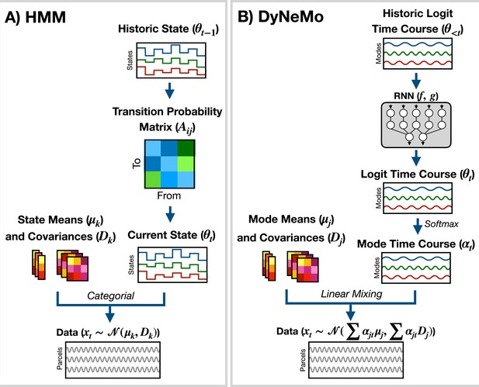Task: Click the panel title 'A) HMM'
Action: [x=36, y=17]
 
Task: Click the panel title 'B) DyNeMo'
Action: [x=280, y=17]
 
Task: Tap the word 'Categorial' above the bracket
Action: [x=110, y=295]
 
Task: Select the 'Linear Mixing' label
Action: [x=352, y=294]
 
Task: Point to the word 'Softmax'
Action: [x=442, y=223]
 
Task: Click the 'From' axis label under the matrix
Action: [x=169, y=195]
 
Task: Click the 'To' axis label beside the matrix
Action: [x=137, y=164]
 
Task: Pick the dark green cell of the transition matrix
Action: [x=186, y=148]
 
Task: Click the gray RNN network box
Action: [x=416, y=125]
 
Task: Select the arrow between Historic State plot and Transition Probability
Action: [x=169, y=90]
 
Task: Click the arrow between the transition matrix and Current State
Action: [x=170, y=214]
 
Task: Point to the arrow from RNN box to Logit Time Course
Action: [x=416, y=157]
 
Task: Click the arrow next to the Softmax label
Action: [x=418, y=226]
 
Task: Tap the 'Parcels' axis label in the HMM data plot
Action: [x=60, y=358]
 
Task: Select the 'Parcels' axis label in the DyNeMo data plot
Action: [x=303, y=360]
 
